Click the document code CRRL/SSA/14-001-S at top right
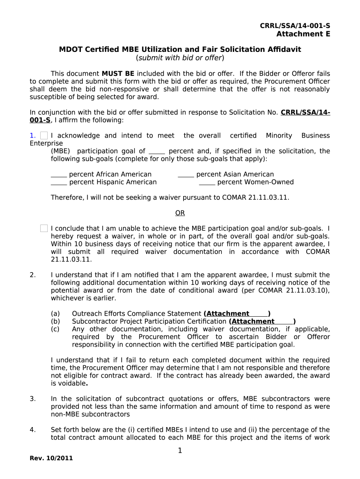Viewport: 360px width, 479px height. [295, 26]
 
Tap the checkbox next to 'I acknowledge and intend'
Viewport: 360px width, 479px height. [44, 136]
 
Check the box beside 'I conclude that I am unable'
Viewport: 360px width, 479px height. [44, 228]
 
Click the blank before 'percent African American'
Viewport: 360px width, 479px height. [59, 175]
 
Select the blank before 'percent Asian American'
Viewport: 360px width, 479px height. [186, 175]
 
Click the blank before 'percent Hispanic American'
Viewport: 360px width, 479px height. [59, 182]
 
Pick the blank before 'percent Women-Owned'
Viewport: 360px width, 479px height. [207, 182]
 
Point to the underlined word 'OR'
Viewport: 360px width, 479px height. [180, 213]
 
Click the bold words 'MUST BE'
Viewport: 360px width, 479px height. [118, 74]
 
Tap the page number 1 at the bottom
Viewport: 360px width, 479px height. [180, 450]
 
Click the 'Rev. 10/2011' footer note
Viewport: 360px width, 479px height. [51, 458]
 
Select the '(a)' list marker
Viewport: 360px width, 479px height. [55, 314]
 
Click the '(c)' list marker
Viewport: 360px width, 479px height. [55, 329]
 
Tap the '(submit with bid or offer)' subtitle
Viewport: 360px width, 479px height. [180, 58]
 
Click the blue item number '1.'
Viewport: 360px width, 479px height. [32, 136]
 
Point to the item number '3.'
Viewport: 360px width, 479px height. [32, 399]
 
